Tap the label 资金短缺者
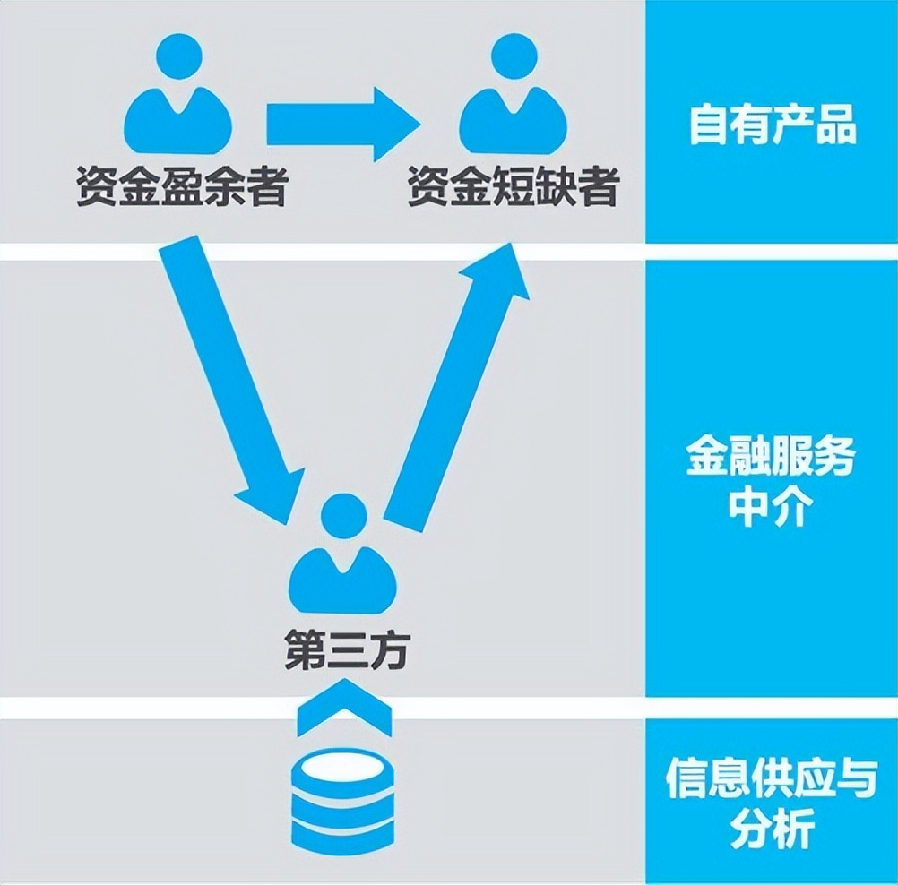(513, 188)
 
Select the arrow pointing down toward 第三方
(230, 376)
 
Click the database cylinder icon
(342, 800)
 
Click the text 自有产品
(773, 125)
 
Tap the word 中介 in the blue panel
(771, 510)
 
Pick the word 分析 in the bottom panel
(771, 829)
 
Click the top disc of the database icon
(342, 763)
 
